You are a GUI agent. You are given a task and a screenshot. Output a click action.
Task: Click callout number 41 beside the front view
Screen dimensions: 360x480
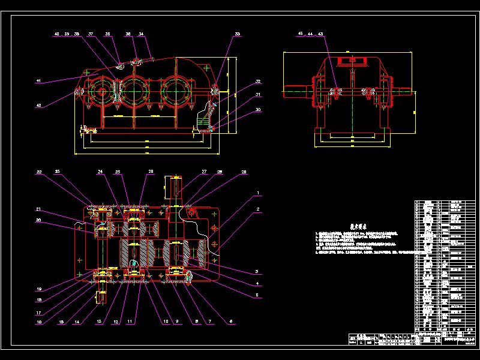(x=38, y=80)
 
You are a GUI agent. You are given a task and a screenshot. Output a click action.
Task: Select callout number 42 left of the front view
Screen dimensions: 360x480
(x=39, y=105)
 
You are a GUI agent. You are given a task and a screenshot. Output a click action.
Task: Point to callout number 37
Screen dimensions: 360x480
(x=91, y=34)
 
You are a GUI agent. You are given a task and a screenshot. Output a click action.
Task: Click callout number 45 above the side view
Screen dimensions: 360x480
(x=301, y=34)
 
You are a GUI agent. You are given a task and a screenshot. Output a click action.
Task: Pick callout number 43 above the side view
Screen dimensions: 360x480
(x=321, y=34)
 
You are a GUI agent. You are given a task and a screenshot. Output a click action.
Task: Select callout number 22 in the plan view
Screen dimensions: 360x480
(x=39, y=172)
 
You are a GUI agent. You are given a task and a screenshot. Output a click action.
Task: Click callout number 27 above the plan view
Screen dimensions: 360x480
(x=204, y=172)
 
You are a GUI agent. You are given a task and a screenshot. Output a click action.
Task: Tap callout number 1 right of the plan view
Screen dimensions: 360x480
(x=258, y=194)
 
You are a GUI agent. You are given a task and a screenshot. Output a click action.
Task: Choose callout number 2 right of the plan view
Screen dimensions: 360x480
(x=258, y=209)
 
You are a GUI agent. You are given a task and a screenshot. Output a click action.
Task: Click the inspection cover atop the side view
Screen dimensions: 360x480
(x=349, y=61)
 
